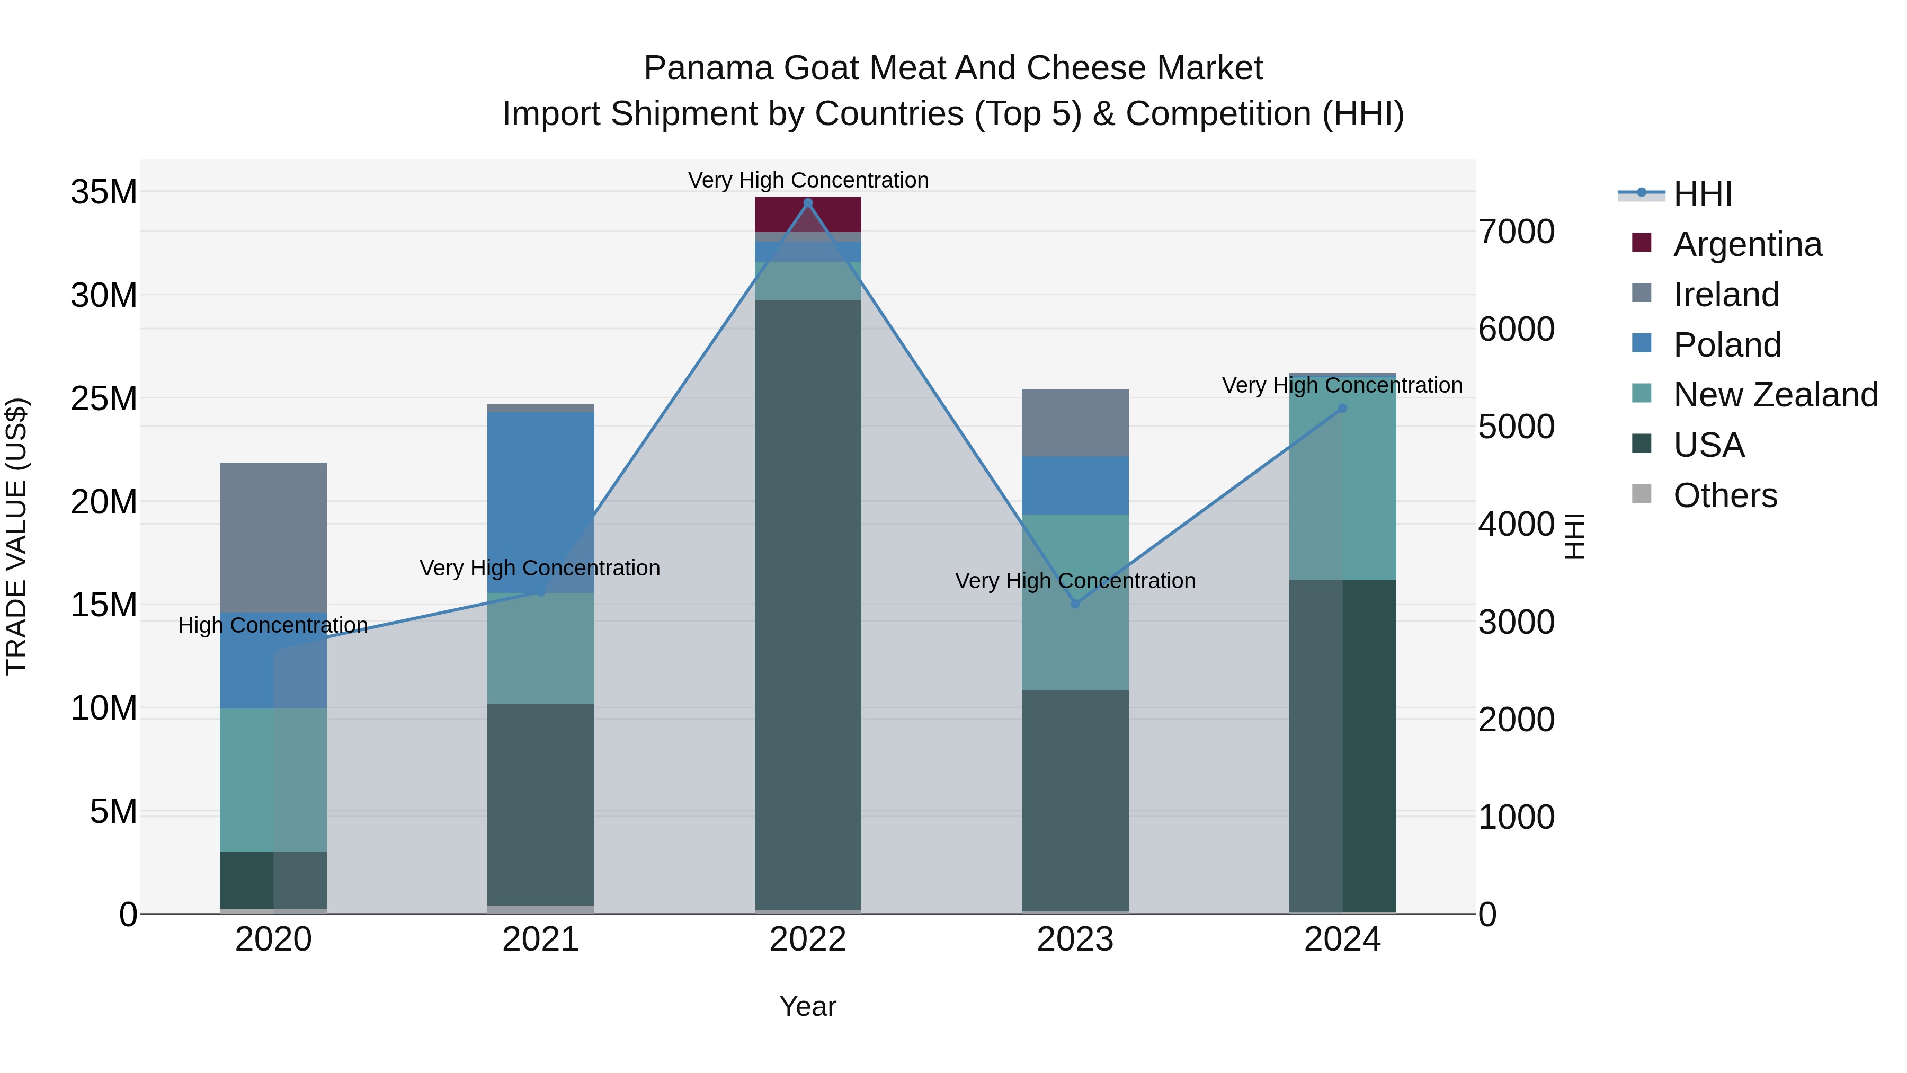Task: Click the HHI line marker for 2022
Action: pos(808,203)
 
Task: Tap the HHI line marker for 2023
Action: pos(1076,604)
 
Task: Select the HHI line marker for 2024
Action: pos(1343,408)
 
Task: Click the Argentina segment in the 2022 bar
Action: pos(808,215)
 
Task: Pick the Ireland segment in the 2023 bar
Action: pos(1076,422)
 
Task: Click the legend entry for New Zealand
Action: pos(1775,395)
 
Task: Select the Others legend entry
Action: pos(1725,495)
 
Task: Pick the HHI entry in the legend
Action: pos(1702,194)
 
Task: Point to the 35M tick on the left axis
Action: pos(104,192)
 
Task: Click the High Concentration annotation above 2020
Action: pos(273,626)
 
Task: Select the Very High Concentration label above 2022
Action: pos(808,180)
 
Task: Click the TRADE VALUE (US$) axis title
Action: pos(16,536)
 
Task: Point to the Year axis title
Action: pos(808,1006)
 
